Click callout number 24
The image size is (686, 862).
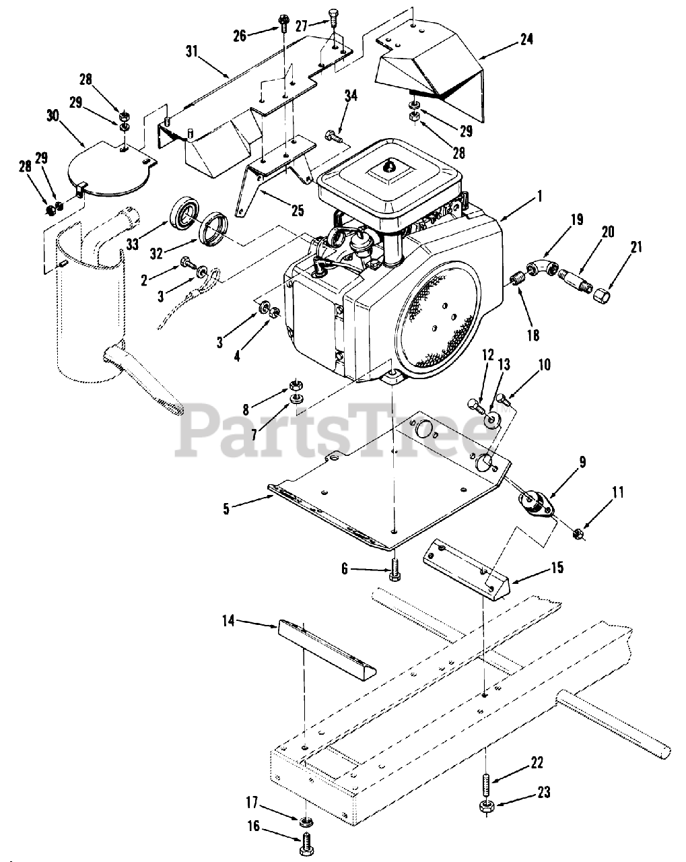point(526,39)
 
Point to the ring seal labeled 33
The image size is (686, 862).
point(184,213)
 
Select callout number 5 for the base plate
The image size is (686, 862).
point(226,507)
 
